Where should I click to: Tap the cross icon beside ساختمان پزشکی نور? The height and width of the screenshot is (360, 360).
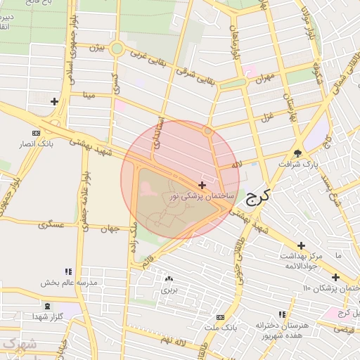point(202,185)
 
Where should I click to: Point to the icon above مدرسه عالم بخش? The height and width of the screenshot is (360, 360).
point(68,271)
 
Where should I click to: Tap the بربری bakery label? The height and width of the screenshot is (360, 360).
point(169,288)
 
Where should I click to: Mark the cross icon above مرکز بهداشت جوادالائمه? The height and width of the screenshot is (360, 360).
point(301,245)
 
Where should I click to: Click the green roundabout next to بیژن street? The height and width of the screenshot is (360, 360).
point(117,49)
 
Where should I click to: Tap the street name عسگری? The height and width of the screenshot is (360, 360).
point(52,225)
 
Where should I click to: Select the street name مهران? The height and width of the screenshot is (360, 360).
point(263,79)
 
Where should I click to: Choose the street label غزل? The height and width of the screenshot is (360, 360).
point(266,116)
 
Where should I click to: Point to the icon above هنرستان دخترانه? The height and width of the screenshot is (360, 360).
point(282,314)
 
